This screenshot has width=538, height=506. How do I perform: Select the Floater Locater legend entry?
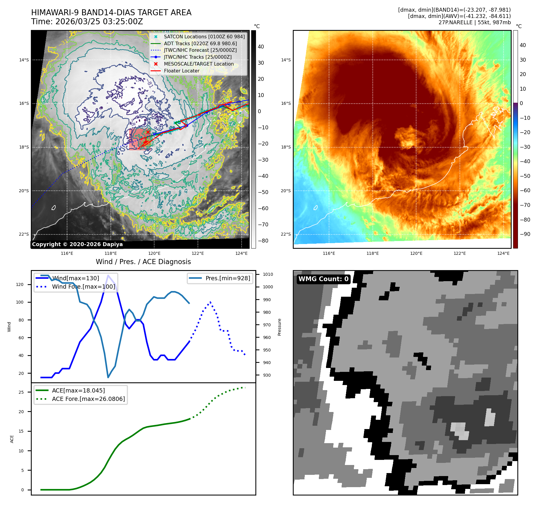(181, 71)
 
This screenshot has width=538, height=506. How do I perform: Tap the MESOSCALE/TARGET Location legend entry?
(198, 64)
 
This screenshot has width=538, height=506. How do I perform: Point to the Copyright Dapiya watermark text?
(77, 244)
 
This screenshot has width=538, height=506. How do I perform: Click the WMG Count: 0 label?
(323, 279)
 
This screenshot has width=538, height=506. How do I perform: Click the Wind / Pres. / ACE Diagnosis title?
(143, 262)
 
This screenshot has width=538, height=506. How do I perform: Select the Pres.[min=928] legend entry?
(228, 278)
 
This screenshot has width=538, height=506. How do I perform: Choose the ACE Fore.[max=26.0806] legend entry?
(88, 399)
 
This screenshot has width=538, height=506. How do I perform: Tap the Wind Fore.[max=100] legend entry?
(83, 287)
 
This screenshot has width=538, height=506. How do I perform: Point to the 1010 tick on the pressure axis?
(268, 274)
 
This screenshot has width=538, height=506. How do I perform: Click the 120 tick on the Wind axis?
(20, 284)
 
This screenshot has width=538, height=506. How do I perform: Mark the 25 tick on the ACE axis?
(21, 392)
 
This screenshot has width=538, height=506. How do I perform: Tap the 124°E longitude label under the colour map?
(503, 253)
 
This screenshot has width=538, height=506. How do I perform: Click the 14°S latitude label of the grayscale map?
(24, 60)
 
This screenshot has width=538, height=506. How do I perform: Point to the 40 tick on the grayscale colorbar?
(261, 47)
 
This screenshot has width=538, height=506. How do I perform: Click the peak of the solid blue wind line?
(108, 275)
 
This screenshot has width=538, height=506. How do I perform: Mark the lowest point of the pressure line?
(108, 377)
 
